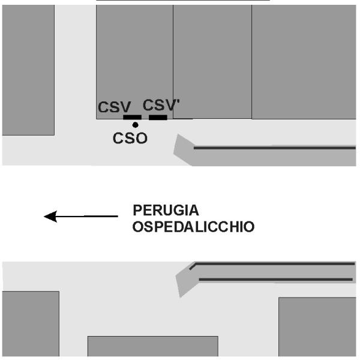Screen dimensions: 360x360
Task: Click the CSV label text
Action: [x=115, y=107]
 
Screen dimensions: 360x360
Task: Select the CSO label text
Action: [x=130, y=138]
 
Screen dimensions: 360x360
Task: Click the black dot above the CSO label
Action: [x=135, y=125]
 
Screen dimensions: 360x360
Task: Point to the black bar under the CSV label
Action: [x=132, y=117]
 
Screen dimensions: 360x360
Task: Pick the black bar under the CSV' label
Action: [x=158, y=117]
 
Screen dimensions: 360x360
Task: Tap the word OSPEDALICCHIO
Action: [x=194, y=227]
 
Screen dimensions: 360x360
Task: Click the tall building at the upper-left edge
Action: [x=28, y=69]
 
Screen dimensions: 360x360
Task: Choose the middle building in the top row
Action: [x=212, y=60]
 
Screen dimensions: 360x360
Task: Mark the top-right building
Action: [x=304, y=60]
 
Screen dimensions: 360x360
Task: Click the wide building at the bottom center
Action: [x=152, y=347]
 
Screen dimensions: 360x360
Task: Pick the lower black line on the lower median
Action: [x=275, y=279]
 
